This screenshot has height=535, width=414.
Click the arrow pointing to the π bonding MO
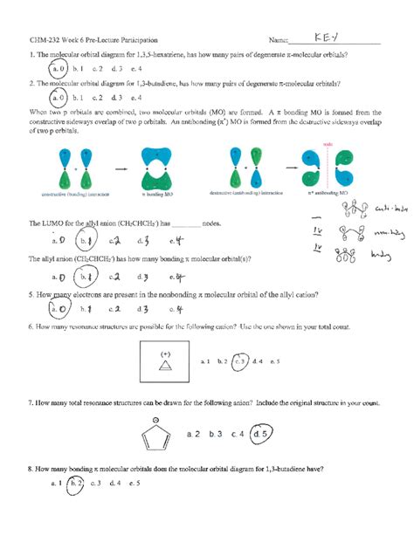click(121, 166)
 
